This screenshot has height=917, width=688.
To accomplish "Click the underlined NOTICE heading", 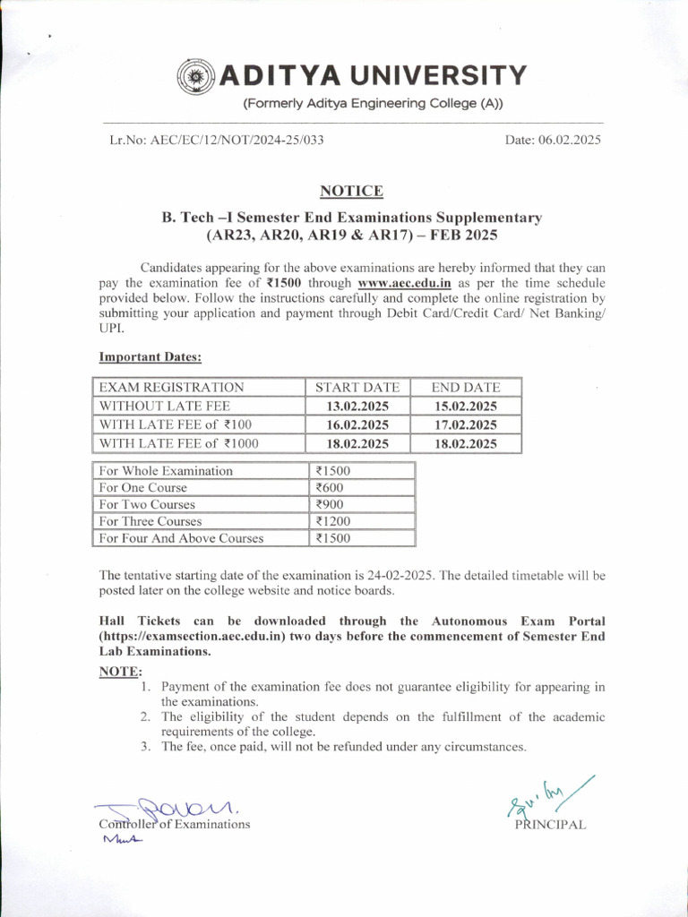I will (352, 191).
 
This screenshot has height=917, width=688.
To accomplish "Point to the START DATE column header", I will (357, 388).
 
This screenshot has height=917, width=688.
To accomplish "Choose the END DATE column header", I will (465, 388).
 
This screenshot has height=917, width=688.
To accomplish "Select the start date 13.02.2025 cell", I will (357, 406).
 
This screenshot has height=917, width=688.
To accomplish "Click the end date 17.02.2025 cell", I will (465, 424).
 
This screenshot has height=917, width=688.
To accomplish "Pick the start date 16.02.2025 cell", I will (357, 424).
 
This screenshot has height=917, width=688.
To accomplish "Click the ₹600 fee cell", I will (329, 488).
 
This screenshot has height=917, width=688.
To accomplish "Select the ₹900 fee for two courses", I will (329, 505).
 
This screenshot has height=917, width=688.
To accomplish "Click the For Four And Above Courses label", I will (181, 538).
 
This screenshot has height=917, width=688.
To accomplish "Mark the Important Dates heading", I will (150, 357).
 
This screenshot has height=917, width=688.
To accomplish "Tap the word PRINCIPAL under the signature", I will (550, 825).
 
